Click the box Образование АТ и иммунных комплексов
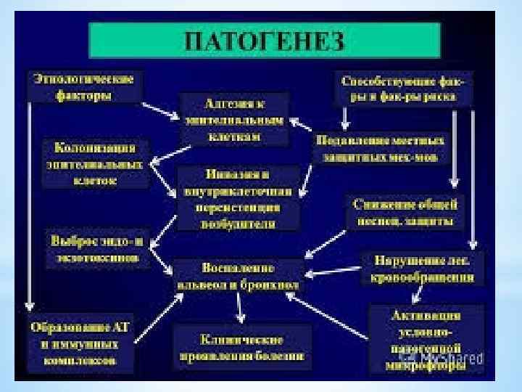[x=80, y=341]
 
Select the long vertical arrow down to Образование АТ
[x=30, y=203]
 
